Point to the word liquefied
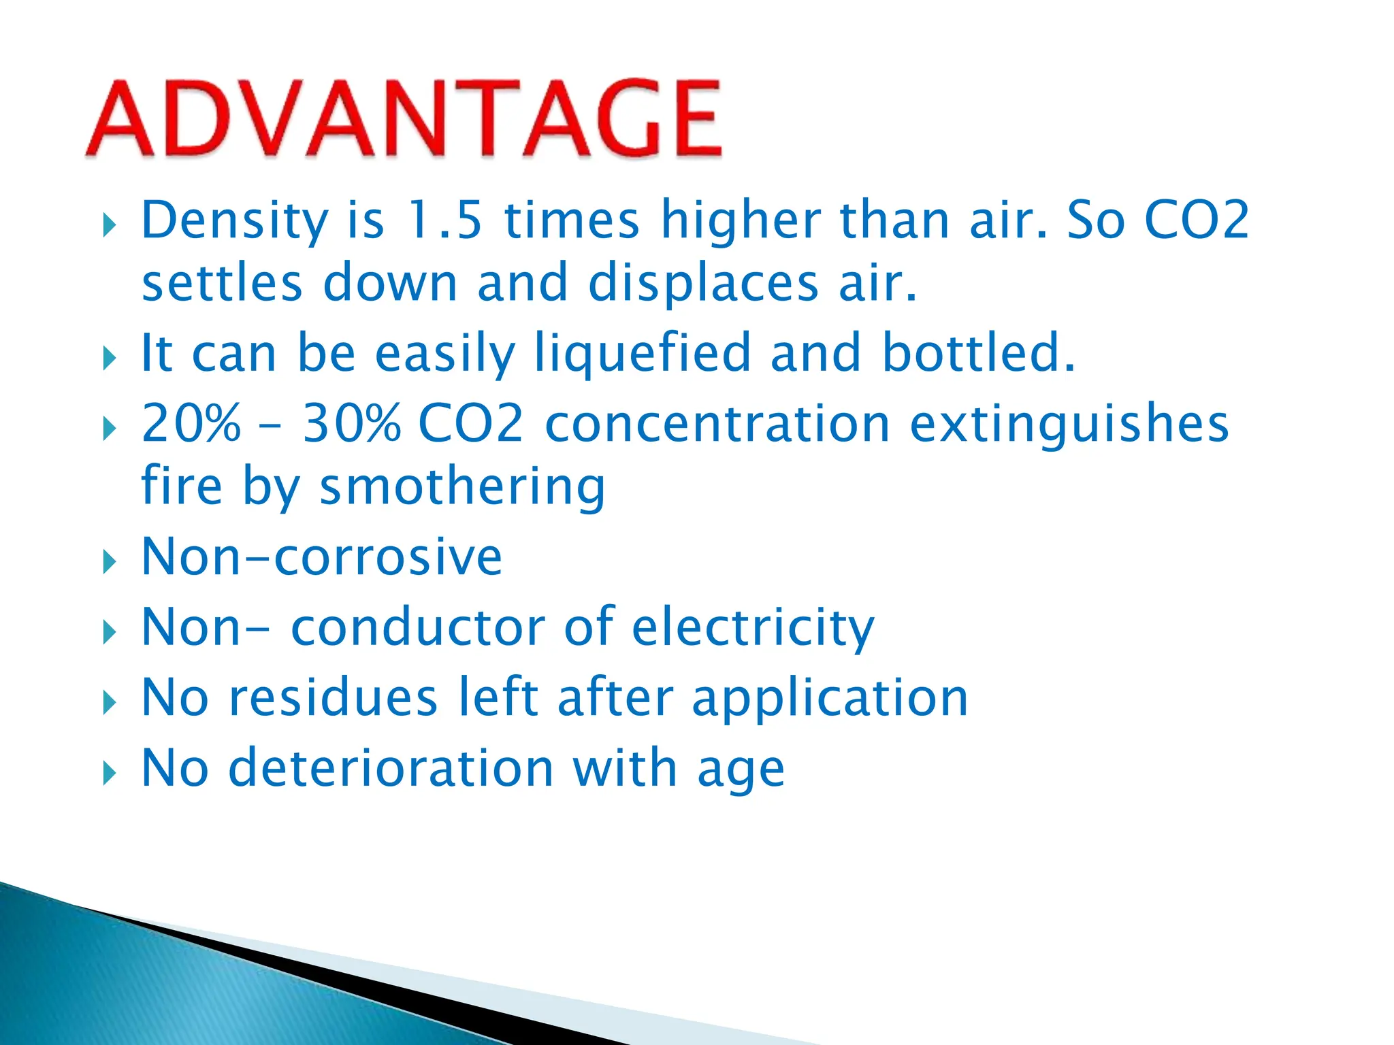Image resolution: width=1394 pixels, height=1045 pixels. (642, 353)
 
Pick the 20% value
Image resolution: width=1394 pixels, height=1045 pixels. (191, 422)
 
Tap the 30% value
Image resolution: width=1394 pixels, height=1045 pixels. (352, 422)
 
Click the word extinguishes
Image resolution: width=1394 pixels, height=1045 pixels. (1069, 424)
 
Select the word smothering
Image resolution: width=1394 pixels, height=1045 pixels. (462, 487)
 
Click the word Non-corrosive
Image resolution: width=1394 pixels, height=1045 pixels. (321, 557)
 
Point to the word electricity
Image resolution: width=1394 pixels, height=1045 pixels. (753, 627)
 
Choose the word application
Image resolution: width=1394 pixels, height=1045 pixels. (830, 699)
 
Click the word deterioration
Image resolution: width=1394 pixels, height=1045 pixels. (391, 768)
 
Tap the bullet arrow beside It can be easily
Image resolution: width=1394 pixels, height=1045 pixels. (109, 358)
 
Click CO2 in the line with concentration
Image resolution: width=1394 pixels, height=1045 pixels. (470, 422)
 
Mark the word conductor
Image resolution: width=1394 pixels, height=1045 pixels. (418, 627)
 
